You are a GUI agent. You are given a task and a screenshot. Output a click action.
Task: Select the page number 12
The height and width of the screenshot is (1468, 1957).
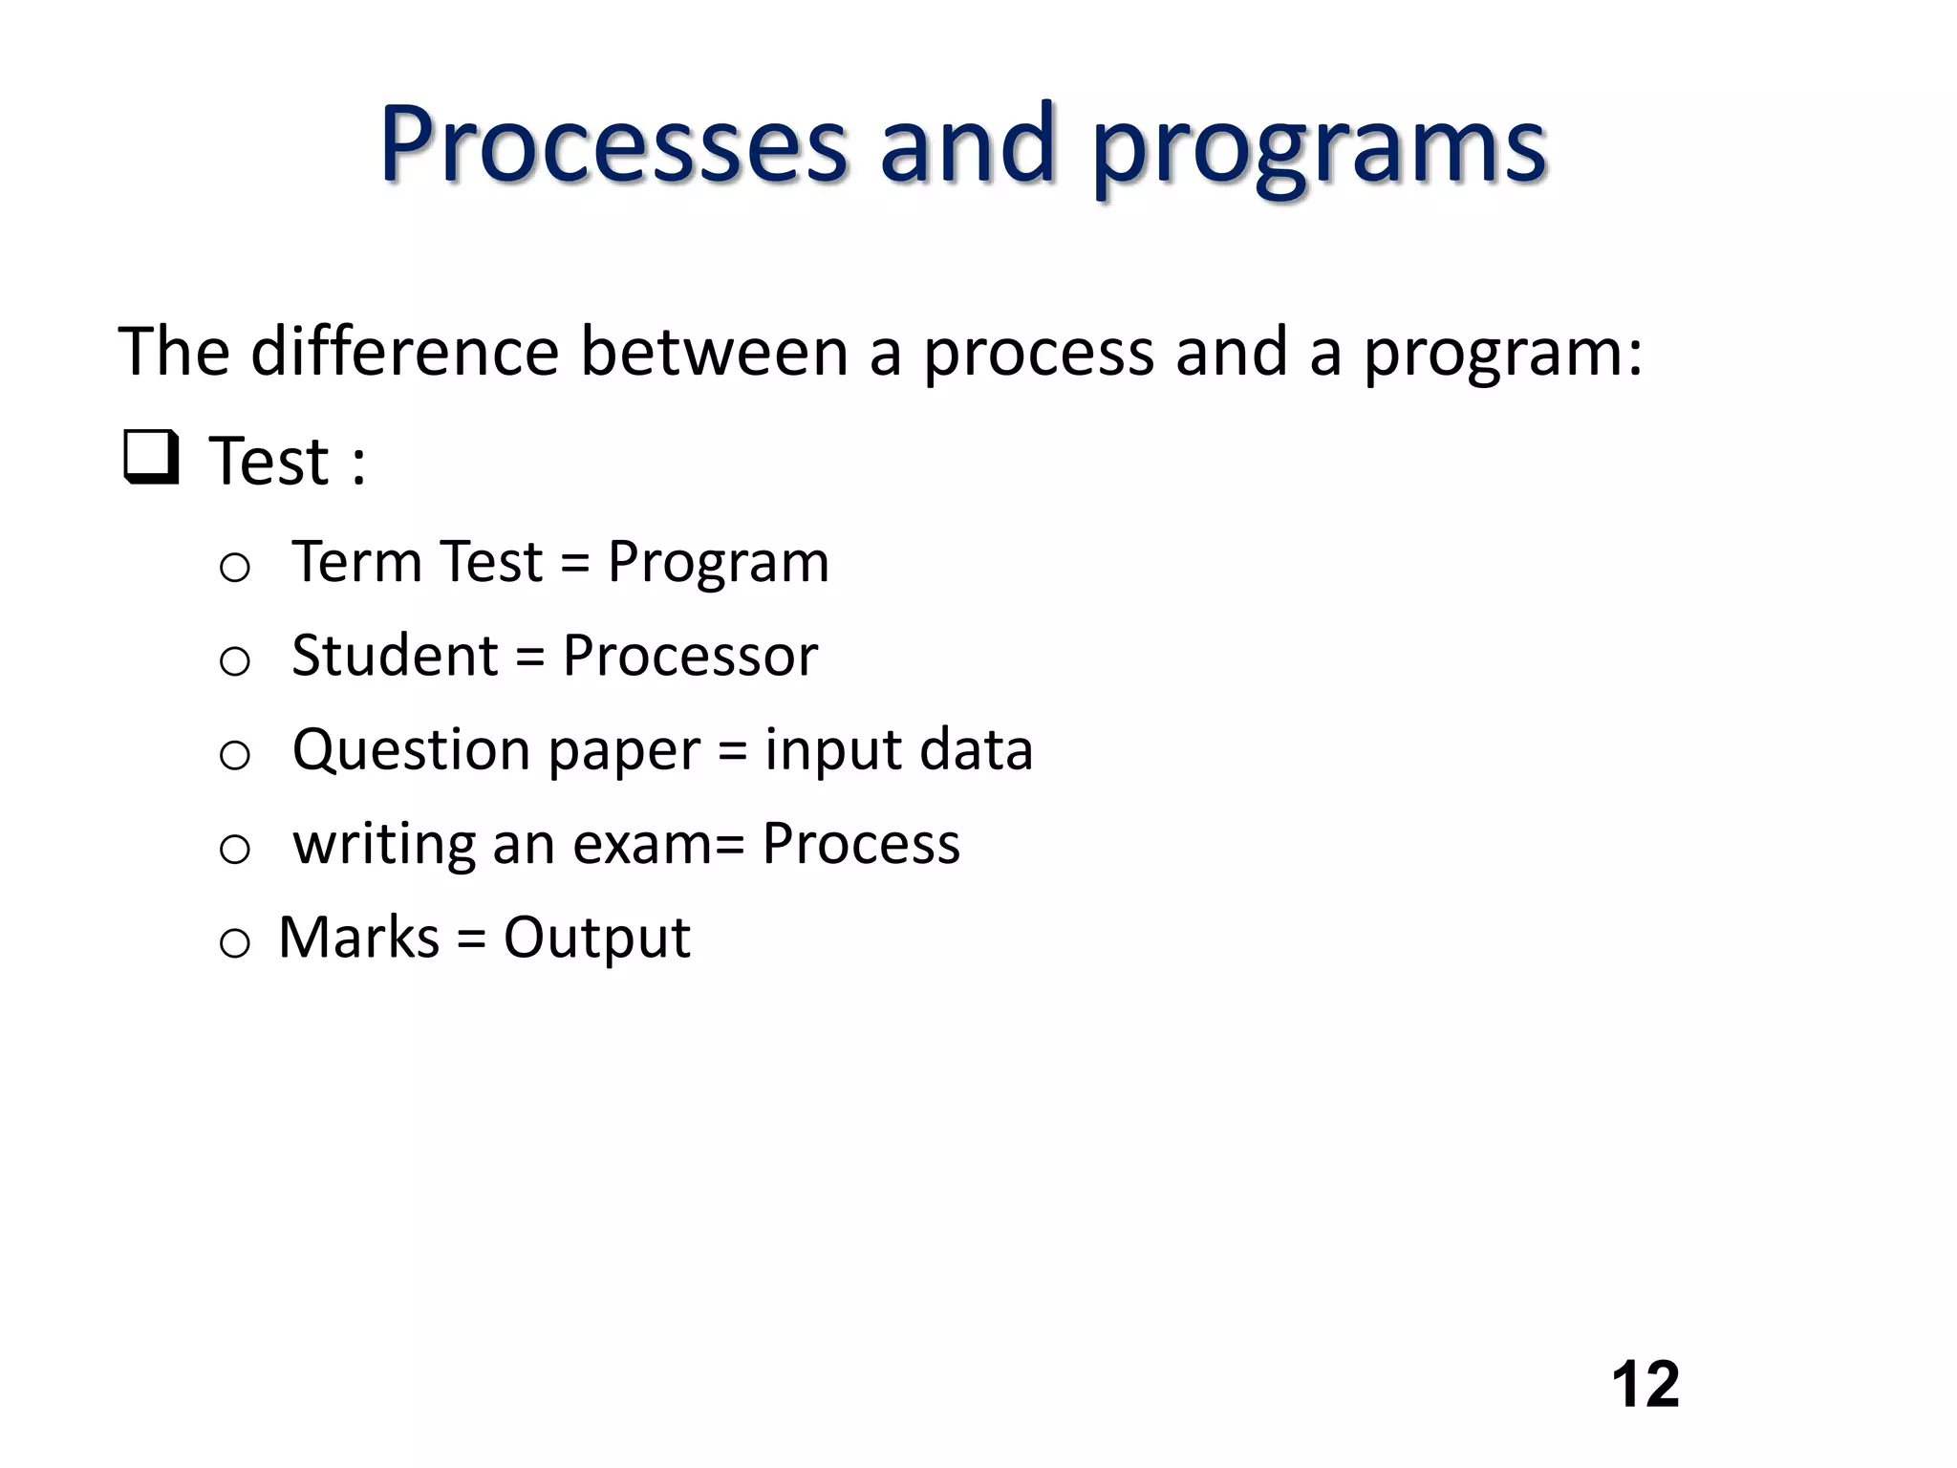coord(1645,1385)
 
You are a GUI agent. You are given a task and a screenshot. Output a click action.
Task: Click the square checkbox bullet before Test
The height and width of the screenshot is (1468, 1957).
coord(151,459)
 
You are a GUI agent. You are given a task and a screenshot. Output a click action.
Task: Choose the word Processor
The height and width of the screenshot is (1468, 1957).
coord(690,656)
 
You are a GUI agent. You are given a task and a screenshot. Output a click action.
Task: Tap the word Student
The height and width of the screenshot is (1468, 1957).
coord(395,656)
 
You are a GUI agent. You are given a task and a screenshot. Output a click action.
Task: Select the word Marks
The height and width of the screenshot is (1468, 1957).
coord(359,938)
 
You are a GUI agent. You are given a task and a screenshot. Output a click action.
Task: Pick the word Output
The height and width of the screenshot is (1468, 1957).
coord(596,939)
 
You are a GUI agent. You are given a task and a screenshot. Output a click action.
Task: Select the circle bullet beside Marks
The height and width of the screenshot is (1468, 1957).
coord(235,943)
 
